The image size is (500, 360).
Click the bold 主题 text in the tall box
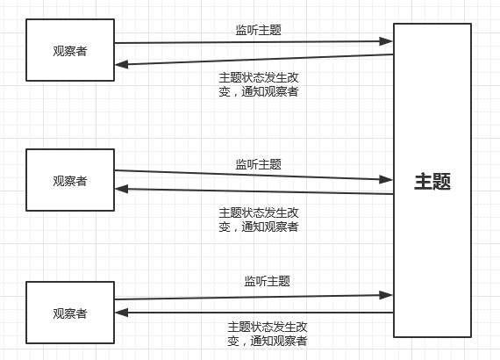(x=432, y=182)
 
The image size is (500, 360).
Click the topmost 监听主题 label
(x=258, y=30)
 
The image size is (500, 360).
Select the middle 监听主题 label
(x=258, y=163)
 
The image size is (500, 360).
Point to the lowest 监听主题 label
(x=267, y=281)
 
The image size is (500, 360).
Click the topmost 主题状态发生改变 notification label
(x=258, y=83)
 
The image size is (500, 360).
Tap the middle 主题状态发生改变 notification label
(x=258, y=219)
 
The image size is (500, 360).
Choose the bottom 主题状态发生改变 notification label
(x=267, y=334)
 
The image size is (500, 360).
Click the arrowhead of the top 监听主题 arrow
(x=387, y=40)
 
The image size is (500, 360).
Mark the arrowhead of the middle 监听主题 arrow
(x=387, y=178)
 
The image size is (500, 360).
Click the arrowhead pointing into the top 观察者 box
(x=121, y=63)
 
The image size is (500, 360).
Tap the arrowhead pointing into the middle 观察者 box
(x=121, y=189)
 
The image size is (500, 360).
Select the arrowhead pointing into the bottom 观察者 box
(x=121, y=313)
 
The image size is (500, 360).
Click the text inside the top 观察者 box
(x=70, y=50)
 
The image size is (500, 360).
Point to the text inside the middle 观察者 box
(x=70, y=181)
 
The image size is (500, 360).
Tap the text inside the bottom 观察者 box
(x=70, y=313)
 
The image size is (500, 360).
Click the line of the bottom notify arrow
(x=263, y=313)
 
